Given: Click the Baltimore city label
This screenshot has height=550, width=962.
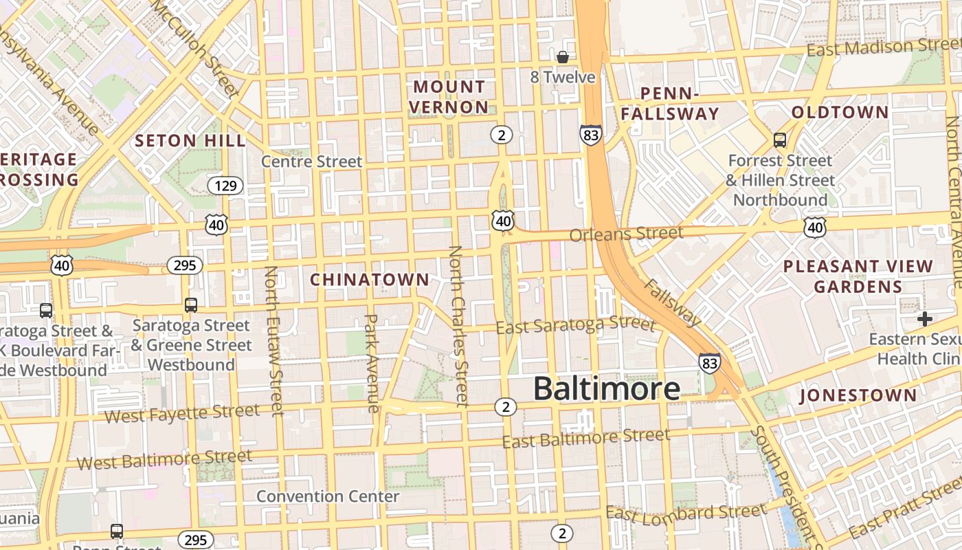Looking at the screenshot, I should tap(607, 389).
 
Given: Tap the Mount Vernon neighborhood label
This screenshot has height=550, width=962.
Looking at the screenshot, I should tap(449, 97).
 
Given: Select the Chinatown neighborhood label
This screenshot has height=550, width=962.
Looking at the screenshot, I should tap(370, 280).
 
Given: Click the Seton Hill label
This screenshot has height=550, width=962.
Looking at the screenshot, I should tap(190, 141).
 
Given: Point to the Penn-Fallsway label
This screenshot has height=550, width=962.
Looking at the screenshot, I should tap(670, 104).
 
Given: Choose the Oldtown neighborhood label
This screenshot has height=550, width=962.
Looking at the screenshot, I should tap(840, 112).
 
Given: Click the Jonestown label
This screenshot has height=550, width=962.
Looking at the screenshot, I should tap(858, 395).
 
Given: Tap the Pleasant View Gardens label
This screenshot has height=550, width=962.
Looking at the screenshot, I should tap(858, 276).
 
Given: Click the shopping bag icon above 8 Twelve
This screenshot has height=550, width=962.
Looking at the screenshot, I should tap(562, 57).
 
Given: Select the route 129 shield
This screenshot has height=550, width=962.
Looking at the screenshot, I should tap(225, 186).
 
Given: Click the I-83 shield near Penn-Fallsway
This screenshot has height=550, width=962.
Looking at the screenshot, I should tap(590, 135).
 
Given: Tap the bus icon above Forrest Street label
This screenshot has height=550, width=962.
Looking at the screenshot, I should tap(780, 140).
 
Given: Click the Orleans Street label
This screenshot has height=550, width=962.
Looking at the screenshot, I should tap(626, 234).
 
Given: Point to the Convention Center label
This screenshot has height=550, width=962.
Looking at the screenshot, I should tap(328, 496).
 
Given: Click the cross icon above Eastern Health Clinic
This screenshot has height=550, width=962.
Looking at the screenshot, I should tap(925, 319).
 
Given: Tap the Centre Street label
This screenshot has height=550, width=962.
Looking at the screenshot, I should tap(311, 162).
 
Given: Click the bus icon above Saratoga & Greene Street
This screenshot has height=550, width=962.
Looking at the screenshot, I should tap(191, 305).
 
